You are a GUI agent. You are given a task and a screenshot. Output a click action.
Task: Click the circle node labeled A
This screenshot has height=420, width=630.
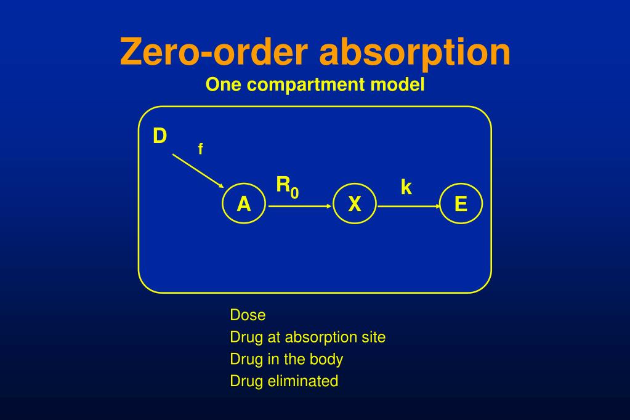pos(244,204)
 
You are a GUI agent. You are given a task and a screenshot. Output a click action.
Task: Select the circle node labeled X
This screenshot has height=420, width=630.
pos(354,204)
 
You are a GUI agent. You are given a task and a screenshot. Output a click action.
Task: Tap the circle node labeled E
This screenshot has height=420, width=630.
pos(461,204)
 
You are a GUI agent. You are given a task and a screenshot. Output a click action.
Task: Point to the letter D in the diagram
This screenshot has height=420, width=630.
pos(160,135)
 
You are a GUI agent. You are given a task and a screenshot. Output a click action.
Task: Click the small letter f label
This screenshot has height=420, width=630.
pos(200,149)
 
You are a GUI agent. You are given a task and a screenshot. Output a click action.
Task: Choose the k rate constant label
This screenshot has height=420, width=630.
pos(406,187)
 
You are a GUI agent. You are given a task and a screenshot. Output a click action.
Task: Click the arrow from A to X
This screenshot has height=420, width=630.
pos(300,206)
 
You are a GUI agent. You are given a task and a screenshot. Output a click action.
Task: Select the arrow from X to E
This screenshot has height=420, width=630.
pos(410,206)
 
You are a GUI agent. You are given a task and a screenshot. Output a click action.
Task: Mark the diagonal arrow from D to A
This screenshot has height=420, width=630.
pos(198,171)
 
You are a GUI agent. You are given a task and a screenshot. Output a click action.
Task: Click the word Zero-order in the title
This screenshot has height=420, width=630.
pos(214,52)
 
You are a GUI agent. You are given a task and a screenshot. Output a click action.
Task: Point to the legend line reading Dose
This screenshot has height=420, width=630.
pos(248,315)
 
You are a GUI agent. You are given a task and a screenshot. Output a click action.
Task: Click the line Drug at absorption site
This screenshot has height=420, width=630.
pos(307,337)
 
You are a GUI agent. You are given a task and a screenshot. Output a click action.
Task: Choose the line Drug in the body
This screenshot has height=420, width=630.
pos(286,359)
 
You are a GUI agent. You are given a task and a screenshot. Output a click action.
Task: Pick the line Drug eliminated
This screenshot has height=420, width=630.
pos(284,381)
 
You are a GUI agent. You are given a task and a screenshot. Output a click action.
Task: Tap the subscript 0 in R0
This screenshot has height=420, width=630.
pos(295,193)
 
